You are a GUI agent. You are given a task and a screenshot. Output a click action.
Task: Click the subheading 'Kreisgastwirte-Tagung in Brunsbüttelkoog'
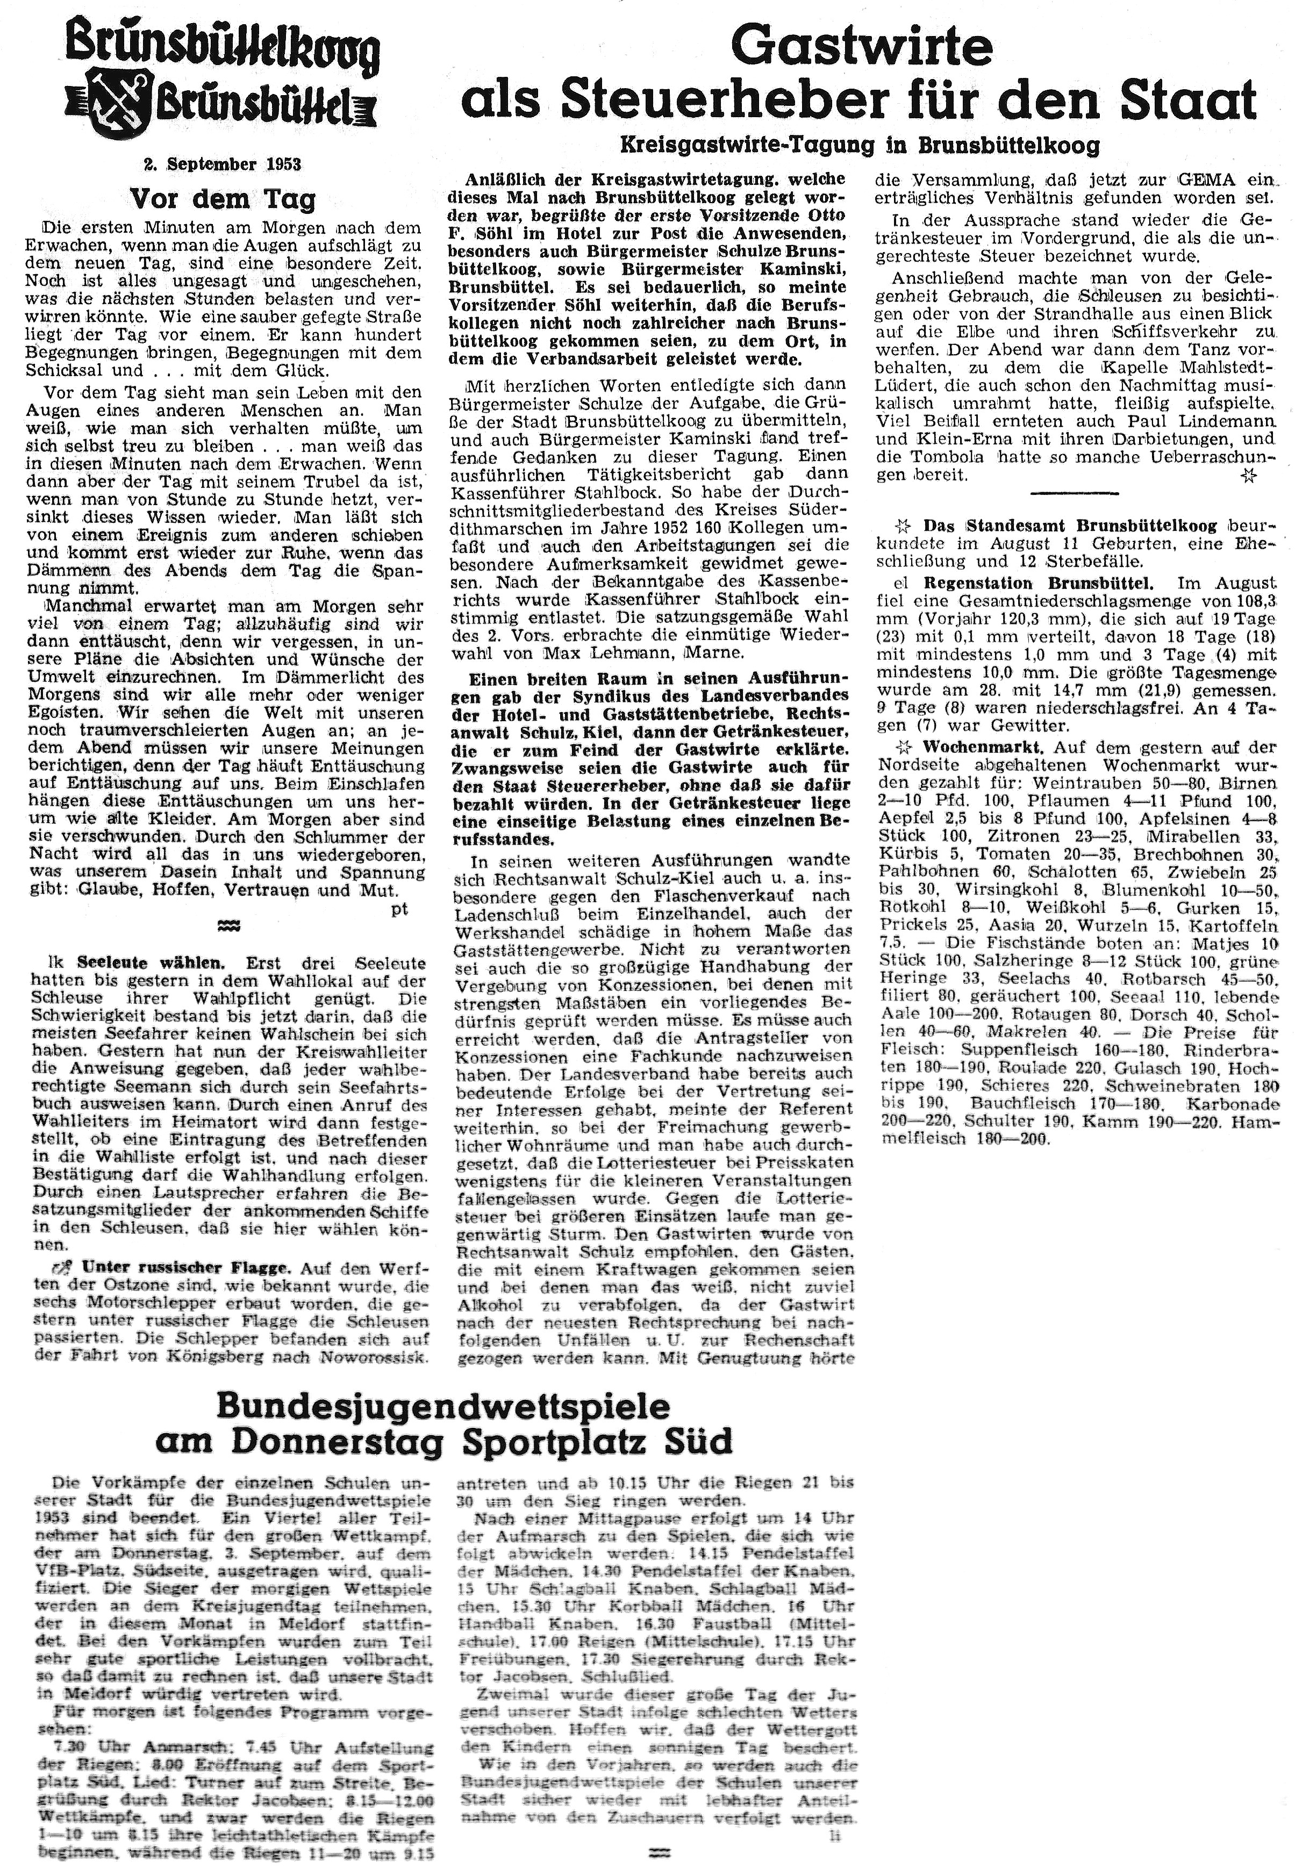860,146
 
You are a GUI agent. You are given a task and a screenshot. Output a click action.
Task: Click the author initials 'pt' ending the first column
399,909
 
